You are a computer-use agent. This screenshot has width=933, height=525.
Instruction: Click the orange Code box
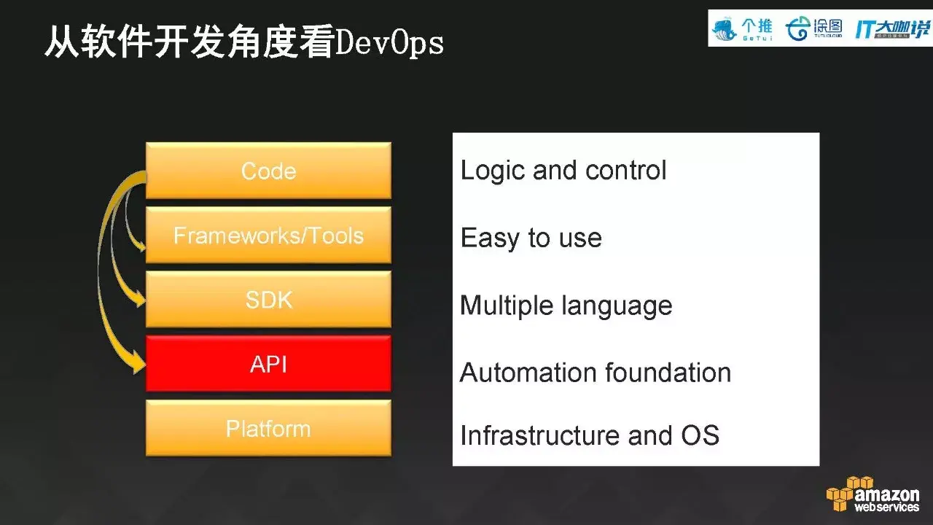point(268,171)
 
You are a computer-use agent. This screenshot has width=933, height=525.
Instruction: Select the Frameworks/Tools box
point(268,235)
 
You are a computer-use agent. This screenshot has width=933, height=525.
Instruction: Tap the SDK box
point(268,299)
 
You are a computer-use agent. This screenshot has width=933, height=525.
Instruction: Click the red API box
point(268,364)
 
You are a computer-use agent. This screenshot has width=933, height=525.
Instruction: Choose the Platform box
point(268,428)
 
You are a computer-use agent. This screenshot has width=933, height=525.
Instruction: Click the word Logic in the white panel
point(492,171)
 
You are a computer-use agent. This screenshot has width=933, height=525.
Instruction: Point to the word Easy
point(491,238)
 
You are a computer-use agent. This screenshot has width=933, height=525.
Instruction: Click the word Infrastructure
point(539,435)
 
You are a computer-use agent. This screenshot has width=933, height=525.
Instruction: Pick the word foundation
point(668,372)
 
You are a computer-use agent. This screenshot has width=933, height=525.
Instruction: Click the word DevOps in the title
point(390,43)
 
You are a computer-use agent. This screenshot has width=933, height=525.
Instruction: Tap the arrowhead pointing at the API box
point(138,362)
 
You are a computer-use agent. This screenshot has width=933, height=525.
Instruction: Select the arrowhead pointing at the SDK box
point(139,299)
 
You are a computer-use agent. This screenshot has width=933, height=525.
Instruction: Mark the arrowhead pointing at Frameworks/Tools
point(141,244)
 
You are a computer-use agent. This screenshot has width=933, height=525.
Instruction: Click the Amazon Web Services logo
point(873,494)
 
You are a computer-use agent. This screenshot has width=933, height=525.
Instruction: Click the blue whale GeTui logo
point(742,29)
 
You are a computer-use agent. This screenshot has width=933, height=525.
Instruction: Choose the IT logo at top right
point(892,29)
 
